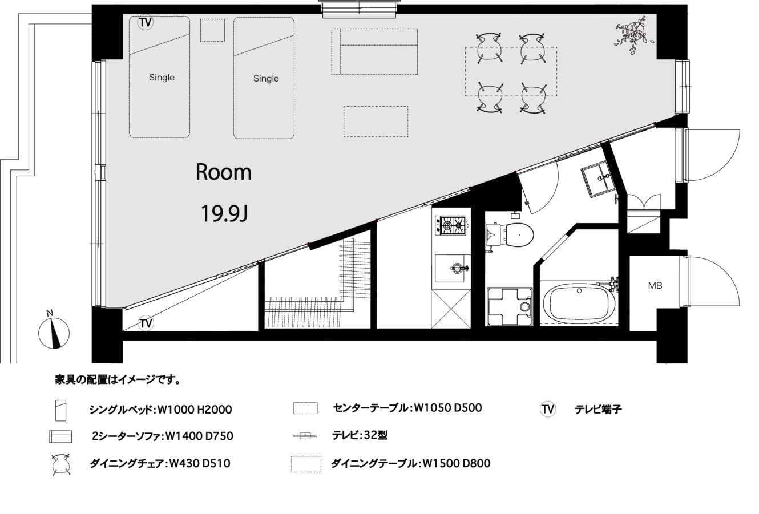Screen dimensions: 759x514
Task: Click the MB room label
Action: [655, 286]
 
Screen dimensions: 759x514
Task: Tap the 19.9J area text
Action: [224, 213]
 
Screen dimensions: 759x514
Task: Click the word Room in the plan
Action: [224, 172]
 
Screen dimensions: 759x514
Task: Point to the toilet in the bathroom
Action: [510, 234]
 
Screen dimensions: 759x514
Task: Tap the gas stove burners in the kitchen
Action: [451, 225]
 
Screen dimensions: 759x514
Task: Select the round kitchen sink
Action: [457, 268]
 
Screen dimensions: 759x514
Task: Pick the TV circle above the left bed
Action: [146, 22]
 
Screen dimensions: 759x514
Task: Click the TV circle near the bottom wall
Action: [146, 323]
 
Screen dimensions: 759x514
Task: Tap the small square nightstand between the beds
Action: [212, 30]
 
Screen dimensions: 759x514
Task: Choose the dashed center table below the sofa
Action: [376, 122]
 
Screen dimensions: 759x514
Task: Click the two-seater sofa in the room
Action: [374, 51]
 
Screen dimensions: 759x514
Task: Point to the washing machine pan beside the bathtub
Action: [510, 307]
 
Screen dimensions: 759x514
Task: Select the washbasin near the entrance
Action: [599, 179]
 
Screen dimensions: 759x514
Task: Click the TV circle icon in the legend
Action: [548, 409]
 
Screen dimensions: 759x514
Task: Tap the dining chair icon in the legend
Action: [61, 464]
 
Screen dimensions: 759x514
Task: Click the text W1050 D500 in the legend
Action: [448, 408]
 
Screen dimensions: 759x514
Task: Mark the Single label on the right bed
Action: [266, 79]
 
